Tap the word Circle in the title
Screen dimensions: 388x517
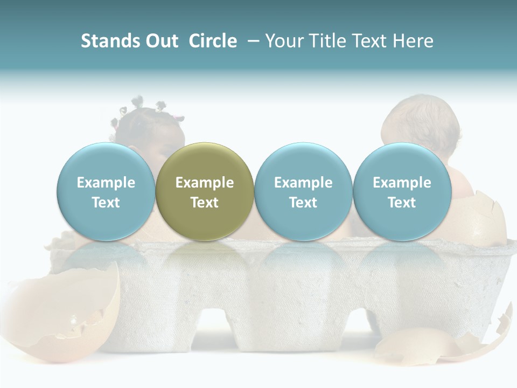[x=213, y=41]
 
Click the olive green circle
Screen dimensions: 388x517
[x=205, y=191]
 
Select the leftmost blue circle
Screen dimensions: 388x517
[x=106, y=191]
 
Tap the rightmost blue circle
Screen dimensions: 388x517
[x=402, y=191]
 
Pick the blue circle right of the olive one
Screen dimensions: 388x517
[x=303, y=191]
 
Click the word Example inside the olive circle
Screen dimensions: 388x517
[x=205, y=183]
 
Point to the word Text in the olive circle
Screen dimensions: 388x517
[x=205, y=203]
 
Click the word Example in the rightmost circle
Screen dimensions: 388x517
[x=402, y=183]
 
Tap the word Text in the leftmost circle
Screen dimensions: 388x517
[x=106, y=203]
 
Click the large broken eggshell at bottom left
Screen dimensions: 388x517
[x=65, y=313]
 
